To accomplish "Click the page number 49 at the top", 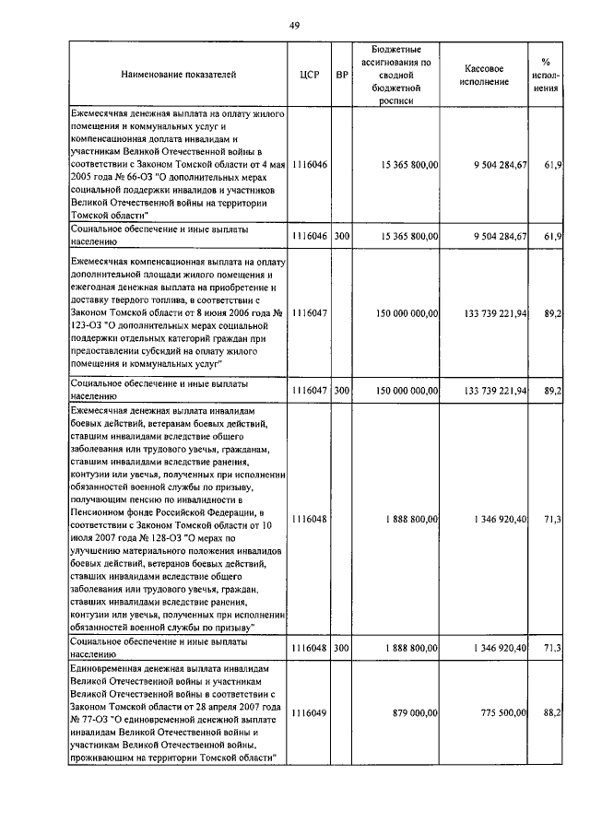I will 294,25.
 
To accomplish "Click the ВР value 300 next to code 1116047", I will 342,391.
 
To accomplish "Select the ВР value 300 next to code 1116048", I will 342,648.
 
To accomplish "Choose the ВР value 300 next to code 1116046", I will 342,237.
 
